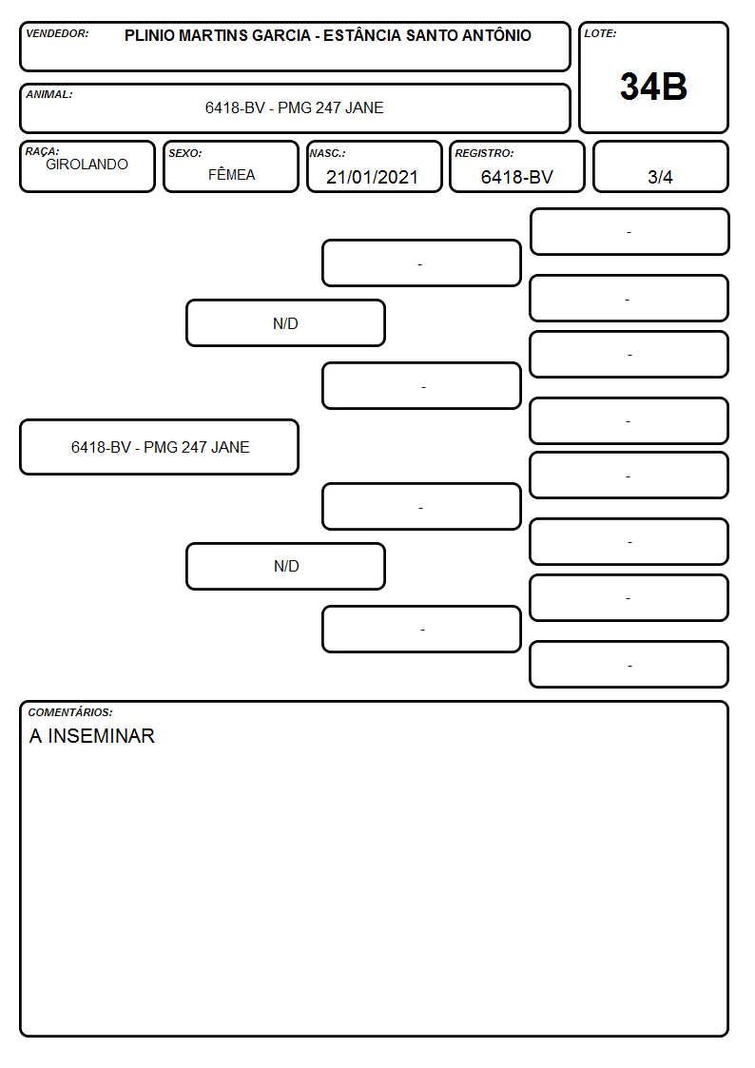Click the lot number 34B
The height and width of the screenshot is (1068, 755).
pos(653,87)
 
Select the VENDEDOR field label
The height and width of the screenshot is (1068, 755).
pos(57,33)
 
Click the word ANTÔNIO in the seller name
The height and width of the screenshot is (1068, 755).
pos(496,35)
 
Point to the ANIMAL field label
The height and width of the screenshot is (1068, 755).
pos(49,94)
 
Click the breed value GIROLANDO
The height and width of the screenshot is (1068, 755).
pos(87,165)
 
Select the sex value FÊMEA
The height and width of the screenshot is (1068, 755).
pos(231,174)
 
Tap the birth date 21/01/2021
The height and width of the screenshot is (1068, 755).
pos(372,177)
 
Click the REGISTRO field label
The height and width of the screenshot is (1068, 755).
pos(484,153)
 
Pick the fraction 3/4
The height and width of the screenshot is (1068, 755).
pos(660,177)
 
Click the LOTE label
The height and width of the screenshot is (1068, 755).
pos(600,33)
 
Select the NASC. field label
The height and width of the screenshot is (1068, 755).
pos(327,153)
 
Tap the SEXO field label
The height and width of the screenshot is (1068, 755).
pos(185,153)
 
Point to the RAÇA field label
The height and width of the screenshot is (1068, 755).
pos(42,151)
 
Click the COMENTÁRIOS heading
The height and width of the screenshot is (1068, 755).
pos(70,712)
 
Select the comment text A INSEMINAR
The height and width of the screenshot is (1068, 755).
pos(92,735)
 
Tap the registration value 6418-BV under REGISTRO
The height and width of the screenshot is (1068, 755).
pos(516,177)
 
